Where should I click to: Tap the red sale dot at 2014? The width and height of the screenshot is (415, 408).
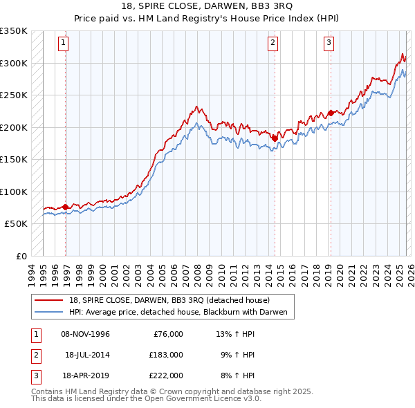pyautogui.click(x=275, y=138)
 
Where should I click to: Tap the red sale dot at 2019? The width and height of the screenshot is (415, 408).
pyautogui.click(x=331, y=113)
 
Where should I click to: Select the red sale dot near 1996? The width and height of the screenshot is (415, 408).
pyautogui.click(x=66, y=207)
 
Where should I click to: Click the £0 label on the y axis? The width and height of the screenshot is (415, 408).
pyautogui.click(x=20, y=257)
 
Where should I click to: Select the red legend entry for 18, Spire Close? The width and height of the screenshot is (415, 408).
pyautogui.click(x=174, y=300)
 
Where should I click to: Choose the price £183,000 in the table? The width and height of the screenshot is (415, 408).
pyautogui.click(x=166, y=355)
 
